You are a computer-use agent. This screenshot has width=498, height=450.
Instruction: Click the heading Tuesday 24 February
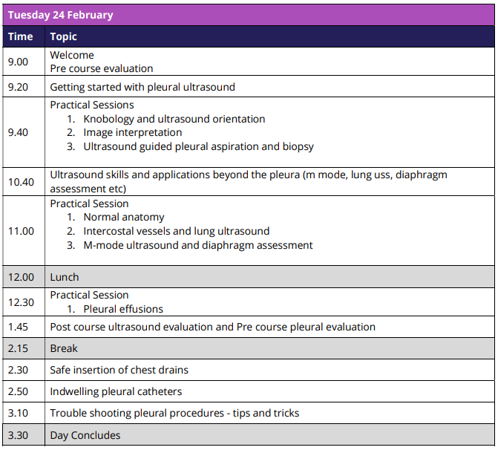[61, 15]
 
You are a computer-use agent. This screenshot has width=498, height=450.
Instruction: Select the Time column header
[21, 36]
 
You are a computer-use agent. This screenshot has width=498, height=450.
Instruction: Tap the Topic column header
[64, 36]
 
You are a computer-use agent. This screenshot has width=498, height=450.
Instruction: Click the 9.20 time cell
[19, 87]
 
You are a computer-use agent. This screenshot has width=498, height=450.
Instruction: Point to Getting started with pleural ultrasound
[142, 87]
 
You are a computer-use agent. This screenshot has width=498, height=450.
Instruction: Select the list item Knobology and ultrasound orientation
[174, 119]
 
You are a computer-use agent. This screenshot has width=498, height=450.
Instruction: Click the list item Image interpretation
[133, 133]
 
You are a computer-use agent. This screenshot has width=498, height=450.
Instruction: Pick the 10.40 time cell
[22, 182]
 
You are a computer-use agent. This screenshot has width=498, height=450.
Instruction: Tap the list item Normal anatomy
[124, 218]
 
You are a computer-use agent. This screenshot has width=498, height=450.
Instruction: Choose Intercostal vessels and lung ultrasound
[177, 231]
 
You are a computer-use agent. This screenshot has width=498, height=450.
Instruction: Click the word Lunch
[65, 277]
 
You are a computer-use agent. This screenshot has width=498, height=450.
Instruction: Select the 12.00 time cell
[22, 277]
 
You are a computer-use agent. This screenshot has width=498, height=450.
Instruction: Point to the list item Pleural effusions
[123, 309]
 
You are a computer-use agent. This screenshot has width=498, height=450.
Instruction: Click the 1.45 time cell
[19, 327]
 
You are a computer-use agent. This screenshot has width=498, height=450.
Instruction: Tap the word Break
[64, 348]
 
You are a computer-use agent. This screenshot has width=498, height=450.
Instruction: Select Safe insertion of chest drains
[119, 370]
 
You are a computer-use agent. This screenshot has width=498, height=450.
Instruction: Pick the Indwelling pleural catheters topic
[116, 391]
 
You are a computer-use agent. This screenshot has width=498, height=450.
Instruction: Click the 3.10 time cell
[19, 413]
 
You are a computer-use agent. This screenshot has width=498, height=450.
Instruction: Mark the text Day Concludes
[85, 435]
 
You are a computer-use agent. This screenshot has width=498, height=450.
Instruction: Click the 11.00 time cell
[22, 231]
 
